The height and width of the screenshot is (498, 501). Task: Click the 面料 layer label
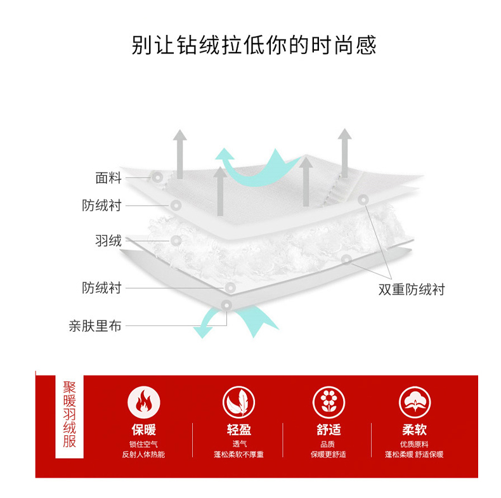click(x=108, y=178)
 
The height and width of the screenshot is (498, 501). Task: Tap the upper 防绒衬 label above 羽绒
click(x=101, y=206)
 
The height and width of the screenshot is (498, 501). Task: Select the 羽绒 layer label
click(x=108, y=240)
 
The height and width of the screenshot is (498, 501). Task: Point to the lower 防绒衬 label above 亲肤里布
click(x=101, y=287)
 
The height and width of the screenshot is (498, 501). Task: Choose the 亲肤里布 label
click(x=95, y=326)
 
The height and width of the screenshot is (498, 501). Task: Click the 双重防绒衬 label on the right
click(x=412, y=289)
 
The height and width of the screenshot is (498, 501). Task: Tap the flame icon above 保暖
click(x=144, y=402)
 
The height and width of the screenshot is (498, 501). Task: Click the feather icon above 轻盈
click(x=238, y=402)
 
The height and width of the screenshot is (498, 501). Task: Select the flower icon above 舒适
click(x=329, y=402)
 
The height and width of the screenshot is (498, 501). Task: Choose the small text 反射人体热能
click(x=144, y=454)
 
